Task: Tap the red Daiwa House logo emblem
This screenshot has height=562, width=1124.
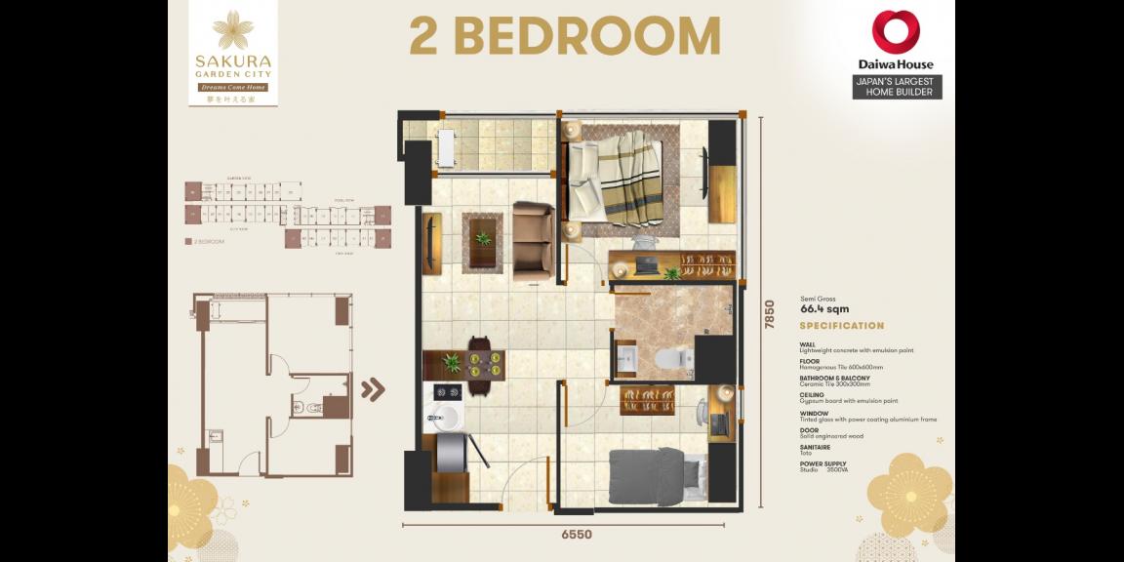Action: coord(896,32)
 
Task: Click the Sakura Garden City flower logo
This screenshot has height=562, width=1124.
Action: coord(232,29)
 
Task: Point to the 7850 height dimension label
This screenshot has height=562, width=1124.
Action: coord(769,313)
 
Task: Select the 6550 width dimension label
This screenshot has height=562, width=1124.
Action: coord(575,535)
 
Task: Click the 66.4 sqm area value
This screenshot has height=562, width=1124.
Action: coord(824,309)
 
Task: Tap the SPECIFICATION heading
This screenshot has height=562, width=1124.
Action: coord(842,326)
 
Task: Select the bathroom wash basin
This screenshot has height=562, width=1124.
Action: coord(625,358)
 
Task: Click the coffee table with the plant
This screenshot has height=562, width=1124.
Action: coord(483,239)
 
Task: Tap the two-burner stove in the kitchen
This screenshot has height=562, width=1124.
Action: coord(448,392)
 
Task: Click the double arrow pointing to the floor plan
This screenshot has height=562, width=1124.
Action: coord(373,390)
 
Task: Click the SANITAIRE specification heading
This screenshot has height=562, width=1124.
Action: coord(817,446)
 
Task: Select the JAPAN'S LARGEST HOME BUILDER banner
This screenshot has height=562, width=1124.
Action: coord(896,87)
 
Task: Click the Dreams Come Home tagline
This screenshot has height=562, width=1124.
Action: coord(232,87)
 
